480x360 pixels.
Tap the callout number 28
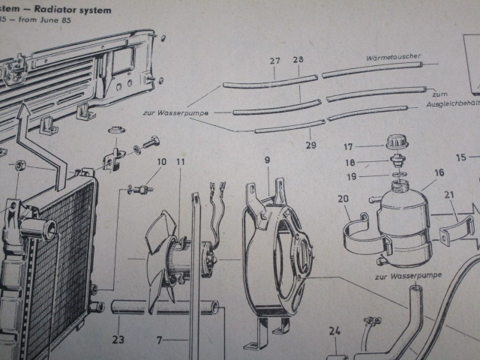298,59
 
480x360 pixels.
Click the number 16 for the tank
439,172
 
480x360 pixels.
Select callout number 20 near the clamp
343,199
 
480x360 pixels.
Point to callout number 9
267,159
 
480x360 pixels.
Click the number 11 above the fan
181,162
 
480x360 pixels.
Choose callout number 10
161,161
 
